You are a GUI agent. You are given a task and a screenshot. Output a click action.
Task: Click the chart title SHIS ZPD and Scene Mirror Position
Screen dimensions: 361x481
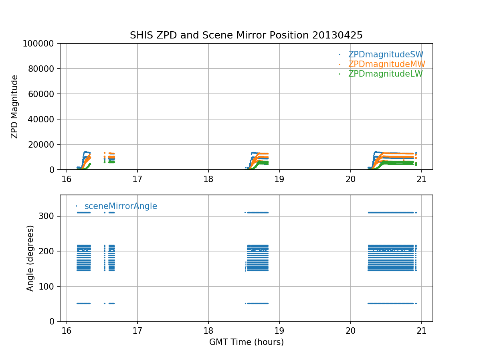tap(246, 35)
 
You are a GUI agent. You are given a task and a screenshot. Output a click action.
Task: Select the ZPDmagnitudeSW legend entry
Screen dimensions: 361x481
tap(386, 55)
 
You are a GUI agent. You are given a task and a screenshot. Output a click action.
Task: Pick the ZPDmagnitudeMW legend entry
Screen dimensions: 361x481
tap(386, 64)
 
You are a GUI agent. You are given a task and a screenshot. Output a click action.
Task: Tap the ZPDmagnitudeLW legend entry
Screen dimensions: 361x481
tap(385, 74)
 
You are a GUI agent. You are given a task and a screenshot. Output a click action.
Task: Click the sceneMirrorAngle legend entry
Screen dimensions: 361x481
tap(121, 206)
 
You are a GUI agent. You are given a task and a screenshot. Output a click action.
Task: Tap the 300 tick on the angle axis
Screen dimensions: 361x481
tap(49, 216)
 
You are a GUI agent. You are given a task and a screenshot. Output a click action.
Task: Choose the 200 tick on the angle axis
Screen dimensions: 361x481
tap(49, 251)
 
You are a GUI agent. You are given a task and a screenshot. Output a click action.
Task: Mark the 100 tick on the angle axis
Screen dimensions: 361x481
tap(49, 286)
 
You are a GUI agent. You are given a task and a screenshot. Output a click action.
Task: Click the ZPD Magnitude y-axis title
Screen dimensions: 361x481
tap(15, 107)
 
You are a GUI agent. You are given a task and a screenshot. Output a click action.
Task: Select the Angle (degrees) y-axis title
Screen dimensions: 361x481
tap(30, 258)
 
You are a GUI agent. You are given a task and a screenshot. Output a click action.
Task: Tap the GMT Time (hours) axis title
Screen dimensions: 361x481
tap(246, 342)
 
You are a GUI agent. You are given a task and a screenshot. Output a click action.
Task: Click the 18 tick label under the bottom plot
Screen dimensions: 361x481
tap(208, 330)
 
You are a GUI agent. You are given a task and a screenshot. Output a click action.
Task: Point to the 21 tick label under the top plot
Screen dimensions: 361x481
tap(421, 178)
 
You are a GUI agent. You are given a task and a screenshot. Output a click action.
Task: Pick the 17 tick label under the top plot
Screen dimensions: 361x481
tap(137, 178)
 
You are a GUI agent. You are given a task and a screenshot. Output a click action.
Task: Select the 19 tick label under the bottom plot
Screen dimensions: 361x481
tap(279, 330)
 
